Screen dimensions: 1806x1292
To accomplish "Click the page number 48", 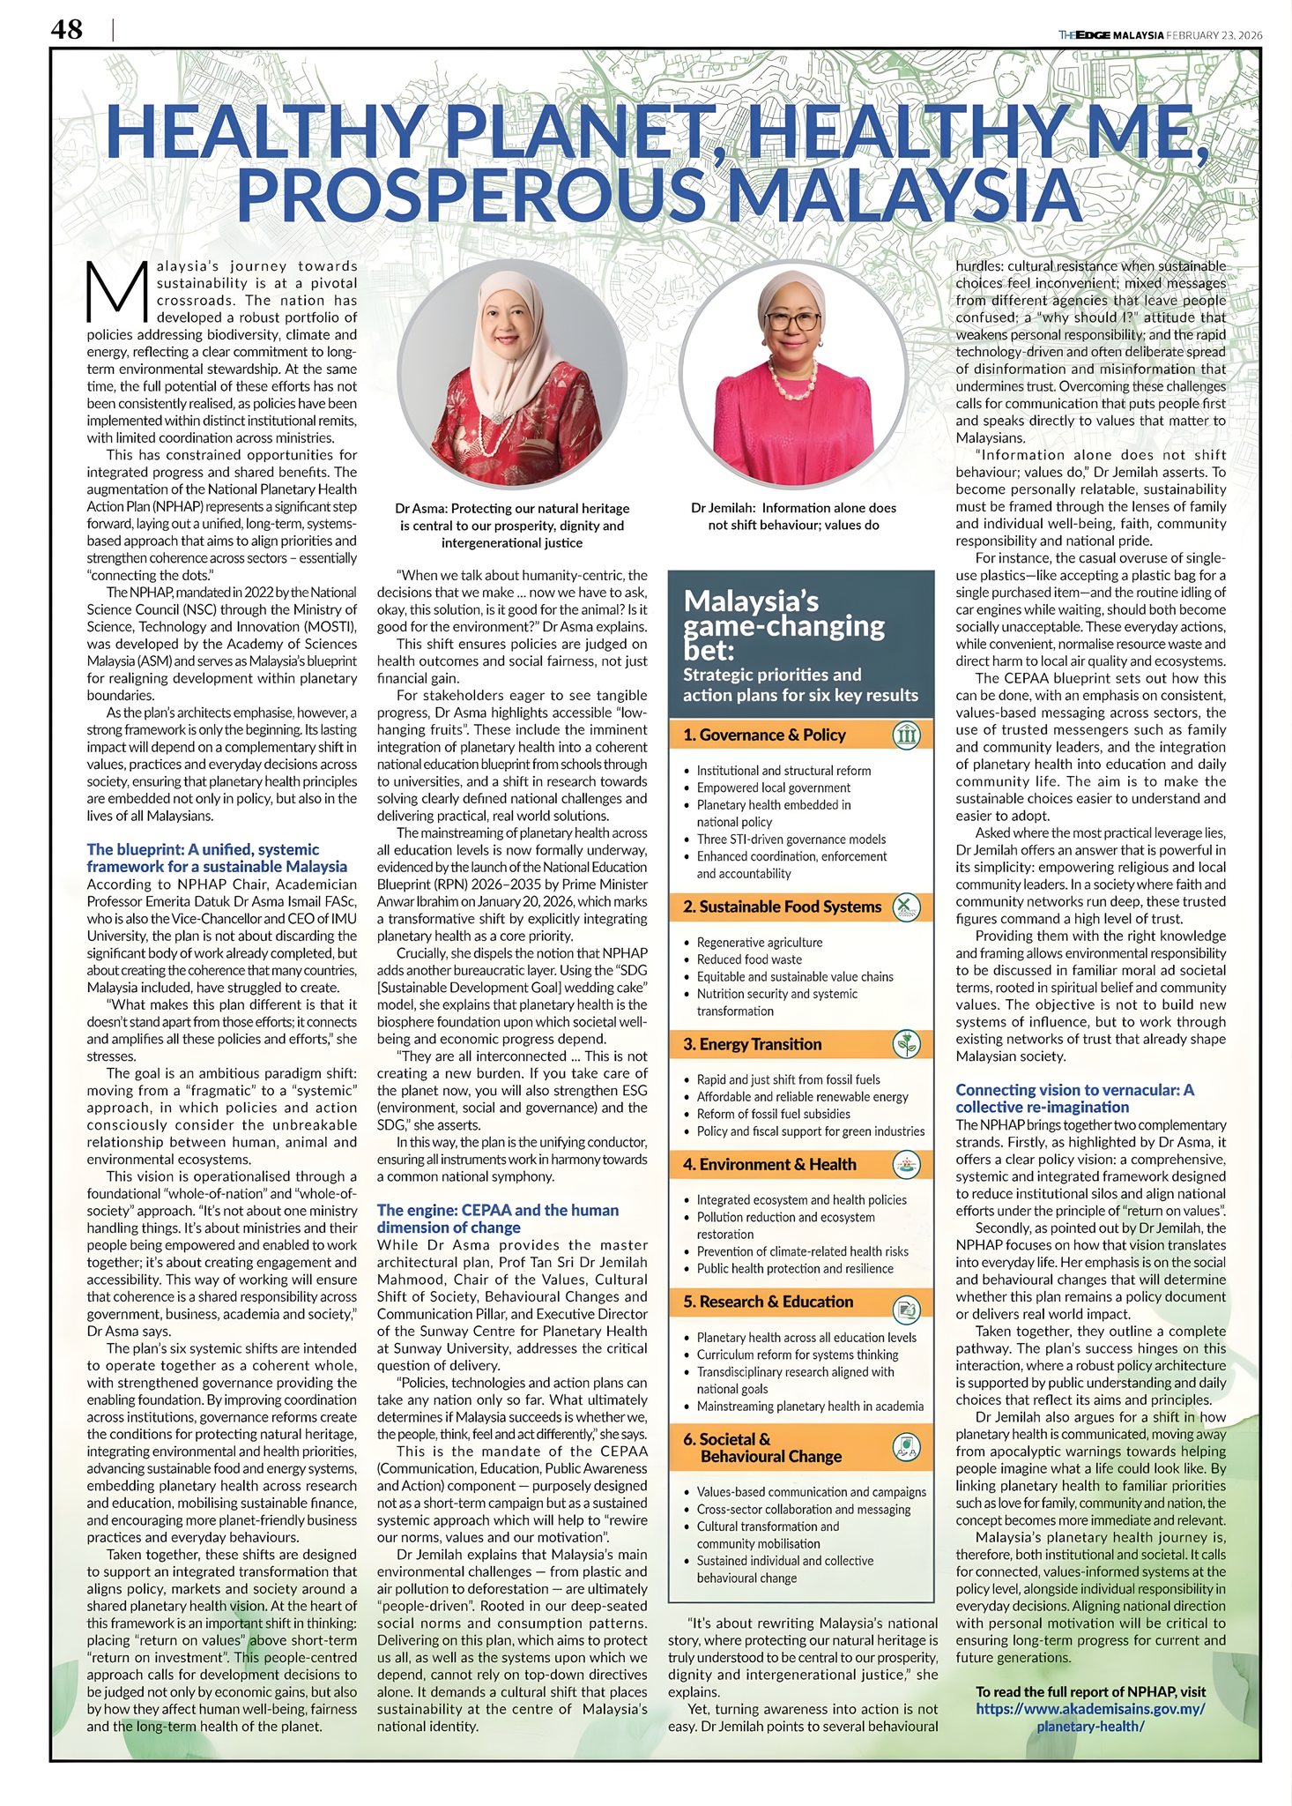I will tap(67, 30).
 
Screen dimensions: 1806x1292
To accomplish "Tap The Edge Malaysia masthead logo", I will tap(1110, 35).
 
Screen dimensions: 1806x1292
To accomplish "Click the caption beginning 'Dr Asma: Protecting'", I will tap(512, 525).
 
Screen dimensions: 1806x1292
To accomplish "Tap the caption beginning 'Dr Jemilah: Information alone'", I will tap(793, 516).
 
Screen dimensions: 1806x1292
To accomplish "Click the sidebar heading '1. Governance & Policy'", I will tap(763, 735).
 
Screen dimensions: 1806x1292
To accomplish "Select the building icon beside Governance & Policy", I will tap(906, 735).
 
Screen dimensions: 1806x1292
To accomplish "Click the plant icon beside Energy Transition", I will tap(906, 1044).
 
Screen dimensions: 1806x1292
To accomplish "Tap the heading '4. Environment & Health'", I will tap(769, 1164).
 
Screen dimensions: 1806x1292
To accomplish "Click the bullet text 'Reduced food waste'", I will tap(749, 959).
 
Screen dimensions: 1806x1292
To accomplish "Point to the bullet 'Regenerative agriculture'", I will tap(759, 942).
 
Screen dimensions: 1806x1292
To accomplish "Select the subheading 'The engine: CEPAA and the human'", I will tap(497, 1210).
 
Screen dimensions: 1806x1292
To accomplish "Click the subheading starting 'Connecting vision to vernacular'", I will tap(1074, 1090).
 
